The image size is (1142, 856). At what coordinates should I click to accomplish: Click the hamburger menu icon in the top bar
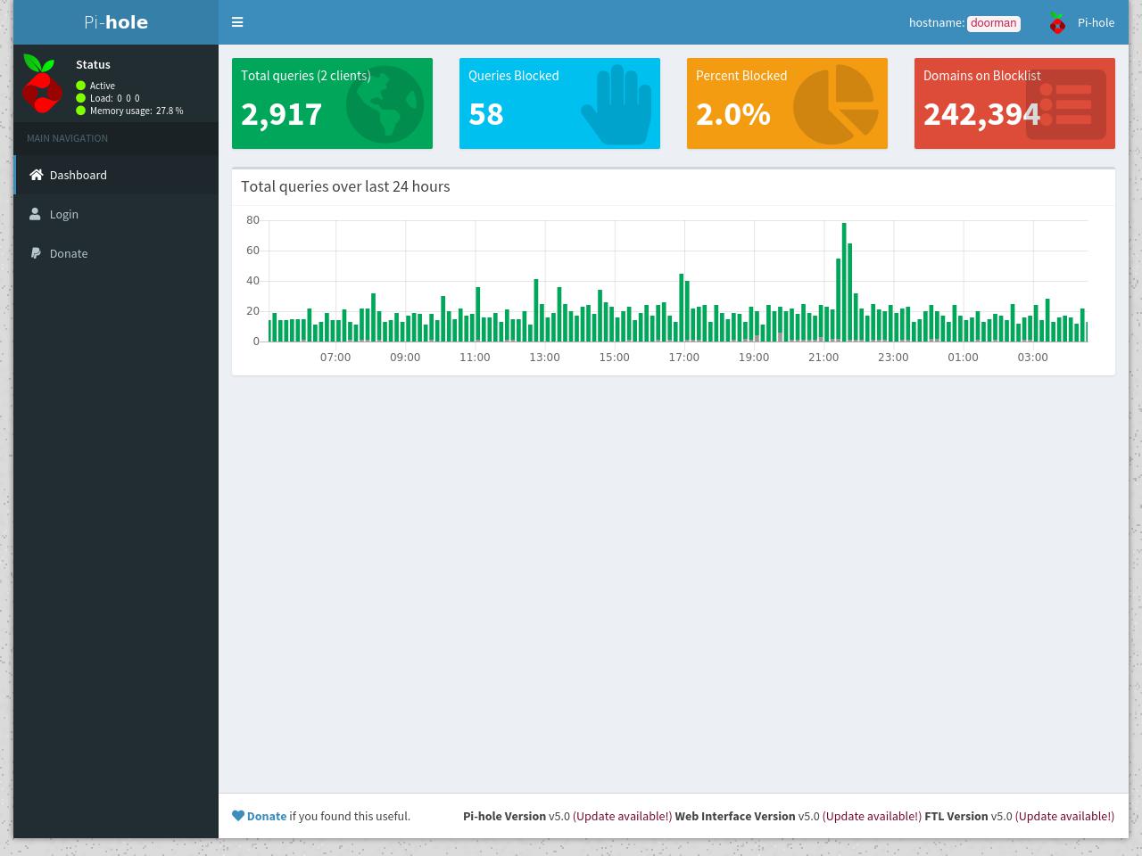coord(237,21)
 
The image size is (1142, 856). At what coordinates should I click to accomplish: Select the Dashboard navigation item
coord(68,175)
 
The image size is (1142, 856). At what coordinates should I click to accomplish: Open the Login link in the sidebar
coord(54,214)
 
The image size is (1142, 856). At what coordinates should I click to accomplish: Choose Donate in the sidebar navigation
coord(59,253)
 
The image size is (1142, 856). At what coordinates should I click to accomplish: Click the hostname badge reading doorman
coord(993,23)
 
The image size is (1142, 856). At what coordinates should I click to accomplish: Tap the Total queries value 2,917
coord(281,114)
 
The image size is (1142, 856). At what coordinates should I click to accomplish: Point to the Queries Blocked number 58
coord(486,114)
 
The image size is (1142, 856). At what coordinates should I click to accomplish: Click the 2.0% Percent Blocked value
coord(732,114)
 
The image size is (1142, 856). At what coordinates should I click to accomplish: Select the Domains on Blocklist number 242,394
coord(981,114)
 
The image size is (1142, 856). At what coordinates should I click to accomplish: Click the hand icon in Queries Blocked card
coord(617,104)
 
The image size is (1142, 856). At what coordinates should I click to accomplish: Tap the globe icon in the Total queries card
coord(385,104)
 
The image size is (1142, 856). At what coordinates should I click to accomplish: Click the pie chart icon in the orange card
coord(836,104)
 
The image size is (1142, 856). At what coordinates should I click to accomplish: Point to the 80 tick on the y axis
coord(252,220)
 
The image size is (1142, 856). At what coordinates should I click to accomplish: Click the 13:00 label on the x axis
coord(544,357)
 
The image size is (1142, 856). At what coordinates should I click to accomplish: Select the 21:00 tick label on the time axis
coord(823,357)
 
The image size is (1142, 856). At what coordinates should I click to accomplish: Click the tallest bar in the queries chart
coord(844,283)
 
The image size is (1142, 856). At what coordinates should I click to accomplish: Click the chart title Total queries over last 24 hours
coord(345,186)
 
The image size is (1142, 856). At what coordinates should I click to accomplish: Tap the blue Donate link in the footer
coord(267,816)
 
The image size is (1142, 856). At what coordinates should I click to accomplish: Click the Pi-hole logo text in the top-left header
coord(116,22)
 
